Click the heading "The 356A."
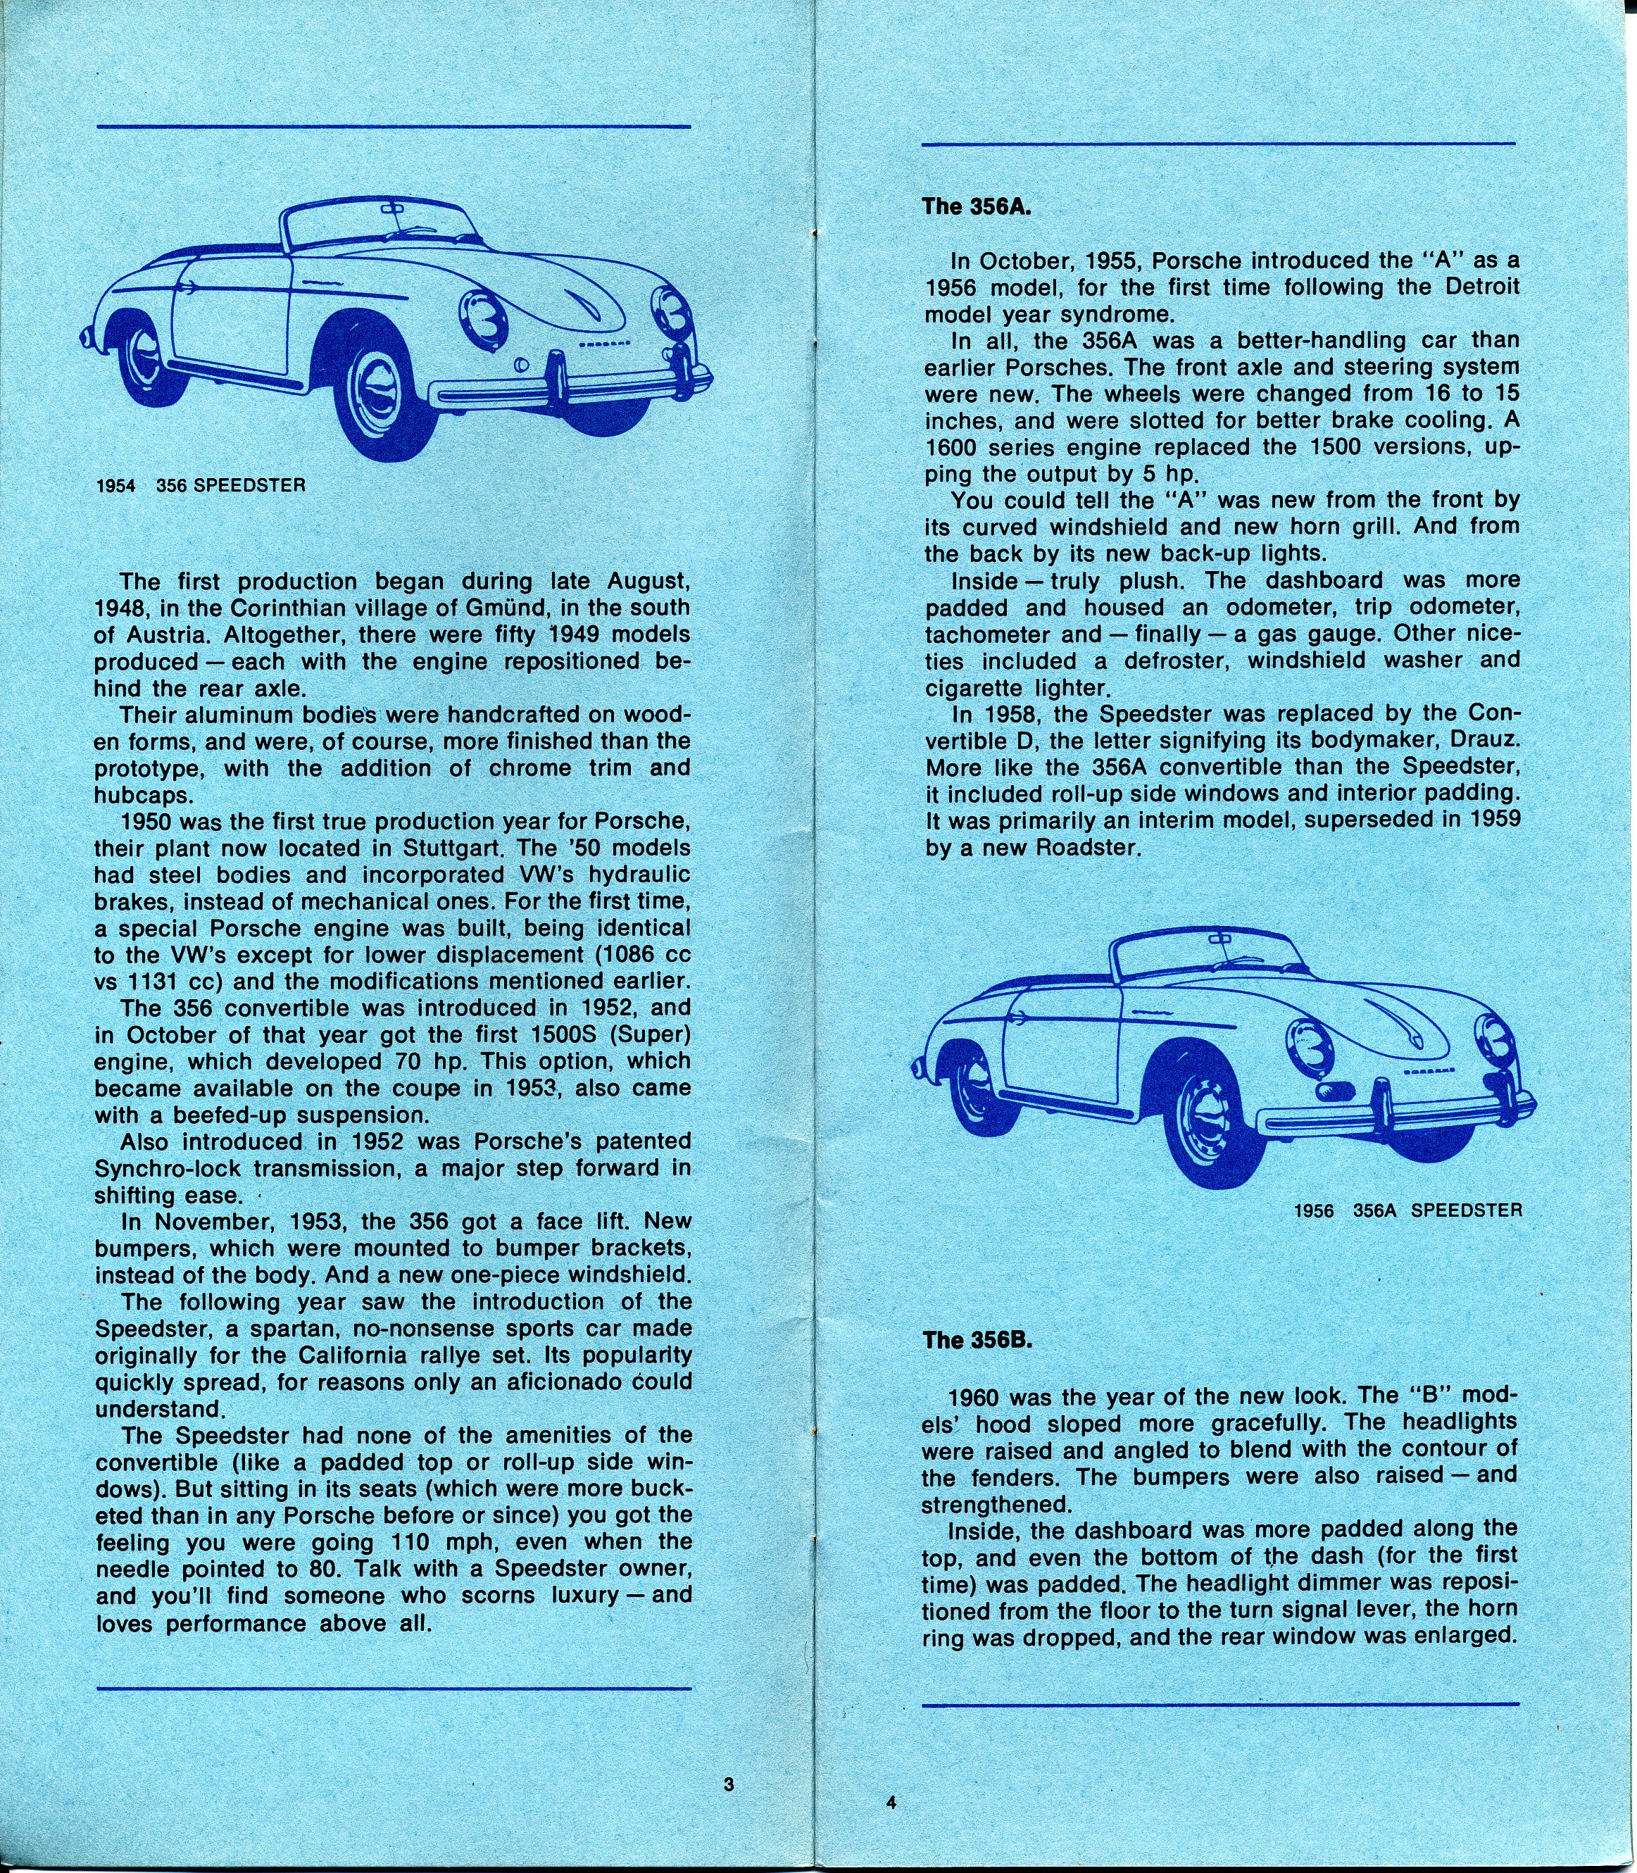pos(977,206)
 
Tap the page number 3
pos(729,1784)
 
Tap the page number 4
pos(891,1802)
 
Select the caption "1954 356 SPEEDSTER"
pos(200,485)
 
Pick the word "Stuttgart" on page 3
pos(479,847)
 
